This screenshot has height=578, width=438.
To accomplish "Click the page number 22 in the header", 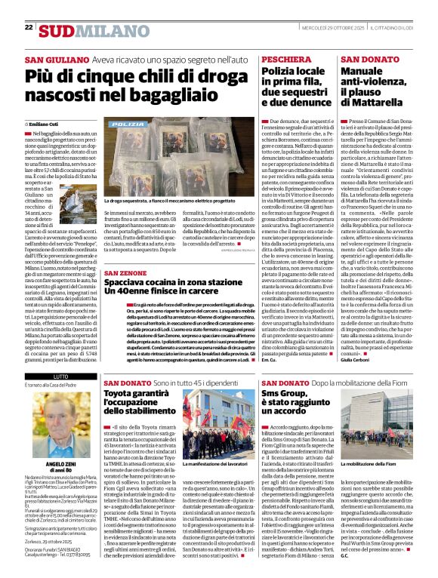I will (29, 27).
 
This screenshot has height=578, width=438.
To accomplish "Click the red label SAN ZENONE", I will (128, 272).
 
